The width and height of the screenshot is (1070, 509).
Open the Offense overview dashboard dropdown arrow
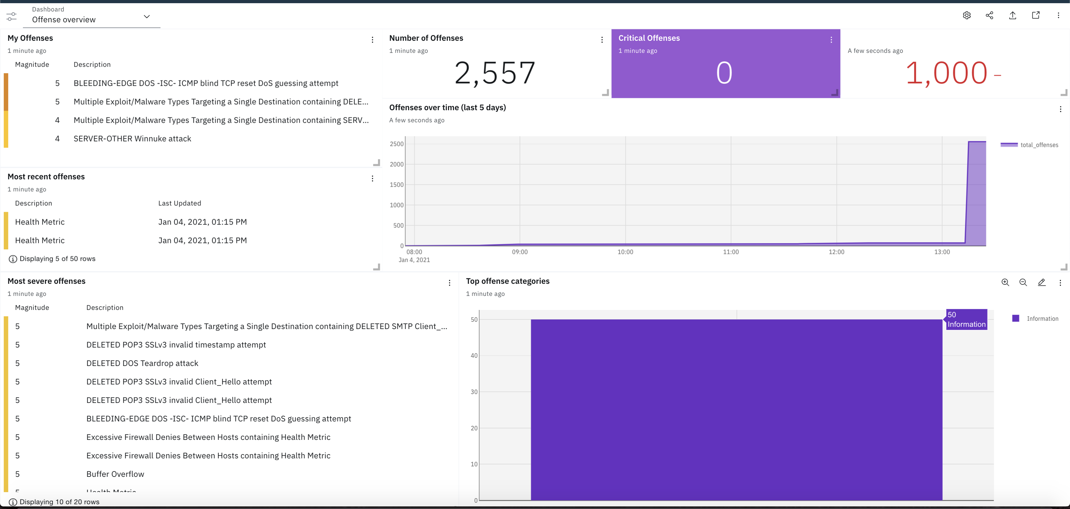[146, 17]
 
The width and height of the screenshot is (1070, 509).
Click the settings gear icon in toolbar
[967, 15]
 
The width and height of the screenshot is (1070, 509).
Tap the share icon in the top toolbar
[989, 15]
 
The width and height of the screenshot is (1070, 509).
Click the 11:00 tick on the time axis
[731, 252]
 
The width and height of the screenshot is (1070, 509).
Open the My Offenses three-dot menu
[372, 40]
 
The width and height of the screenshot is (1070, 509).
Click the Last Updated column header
[179, 203]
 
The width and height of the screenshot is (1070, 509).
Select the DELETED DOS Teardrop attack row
[142, 363]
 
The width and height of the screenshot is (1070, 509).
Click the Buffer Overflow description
[115, 474]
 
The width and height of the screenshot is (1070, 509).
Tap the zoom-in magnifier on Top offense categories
[1005, 283]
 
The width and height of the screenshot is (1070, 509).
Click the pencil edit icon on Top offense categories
[1041, 283]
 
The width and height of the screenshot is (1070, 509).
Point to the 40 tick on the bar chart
[474, 356]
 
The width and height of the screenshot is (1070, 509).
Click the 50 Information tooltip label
[966, 319]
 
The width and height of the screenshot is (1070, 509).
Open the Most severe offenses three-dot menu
[449, 283]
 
